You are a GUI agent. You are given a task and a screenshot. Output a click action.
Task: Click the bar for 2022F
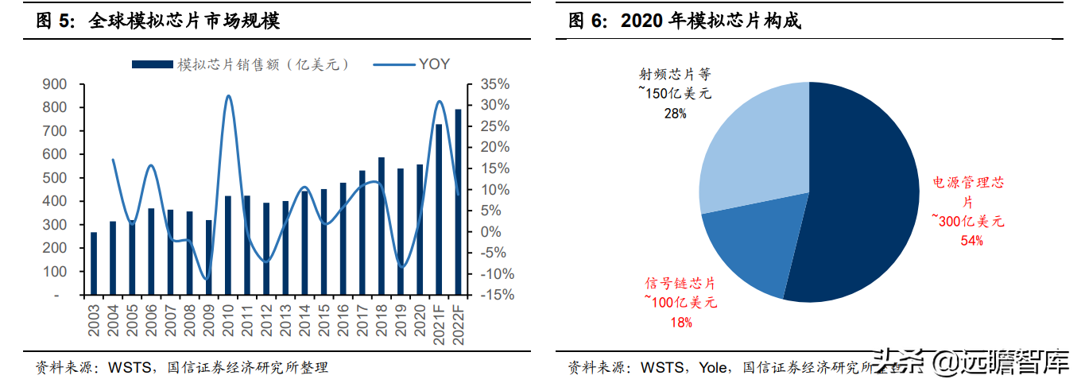pyautogui.click(x=457, y=202)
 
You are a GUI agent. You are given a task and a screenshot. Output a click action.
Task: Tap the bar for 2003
pyautogui.click(x=94, y=263)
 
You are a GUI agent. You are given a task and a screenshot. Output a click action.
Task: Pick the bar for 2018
pyautogui.click(x=381, y=226)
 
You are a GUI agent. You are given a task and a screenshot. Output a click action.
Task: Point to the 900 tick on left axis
pyautogui.click(x=56, y=84)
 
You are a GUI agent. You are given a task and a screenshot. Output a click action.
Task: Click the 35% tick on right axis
pyautogui.click(x=495, y=84)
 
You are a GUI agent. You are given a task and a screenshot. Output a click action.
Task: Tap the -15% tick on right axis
pyautogui.click(x=495, y=295)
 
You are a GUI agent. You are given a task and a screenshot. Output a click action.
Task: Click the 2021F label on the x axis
pyautogui.click(x=438, y=321)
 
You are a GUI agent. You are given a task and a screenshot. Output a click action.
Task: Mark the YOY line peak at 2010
pyautogui.click(x=228, y=96)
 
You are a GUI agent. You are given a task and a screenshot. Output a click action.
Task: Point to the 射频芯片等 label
pyautogui.click(x=675, y=75)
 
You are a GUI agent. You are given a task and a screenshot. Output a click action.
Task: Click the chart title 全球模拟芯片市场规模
pyautogui.click(x=184, y=21)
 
